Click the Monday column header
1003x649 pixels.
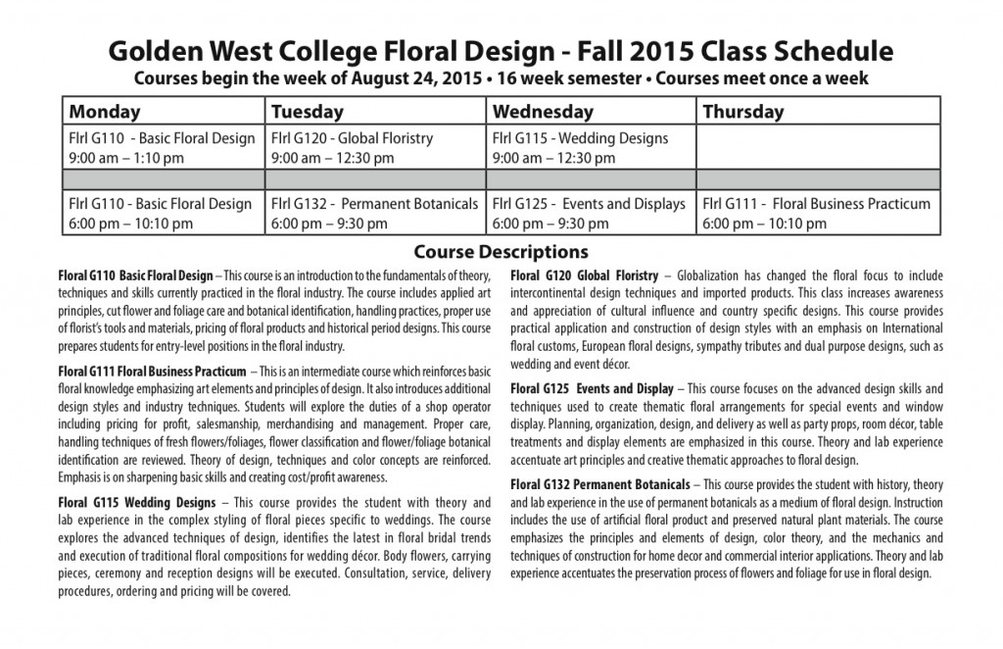coord(105,112)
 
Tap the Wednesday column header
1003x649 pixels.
coord(543,112)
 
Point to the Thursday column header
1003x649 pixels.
coord(743,112)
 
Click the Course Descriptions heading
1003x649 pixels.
coord(501,251)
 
